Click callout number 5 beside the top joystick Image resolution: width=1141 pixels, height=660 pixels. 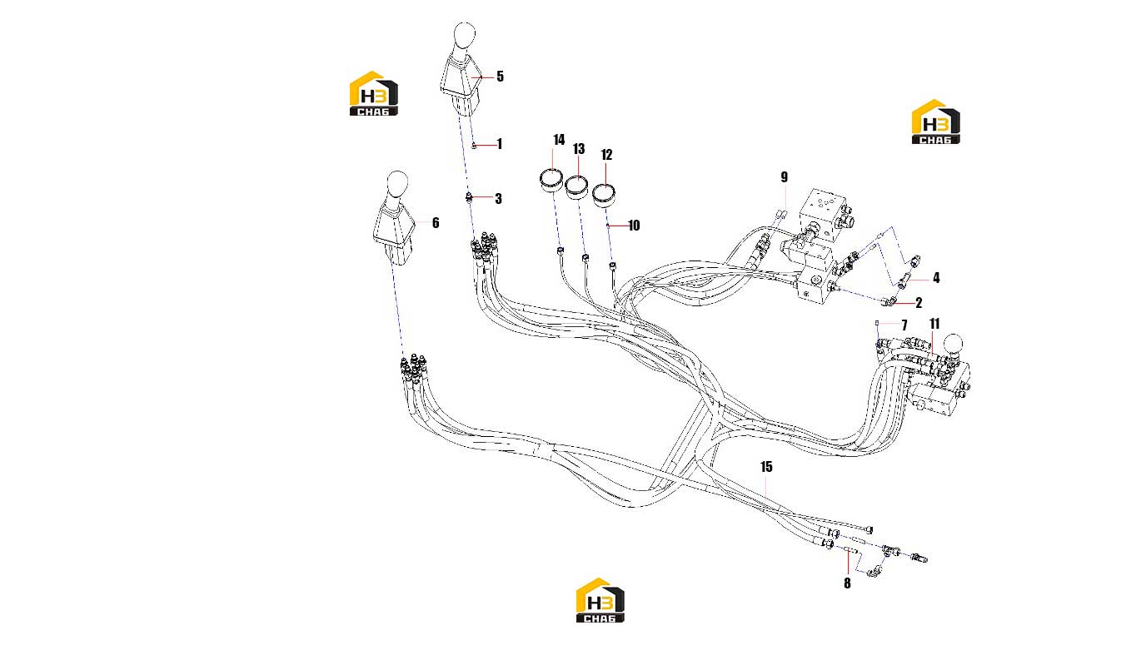click(500, 77)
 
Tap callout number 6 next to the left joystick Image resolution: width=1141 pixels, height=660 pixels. click(436, 222)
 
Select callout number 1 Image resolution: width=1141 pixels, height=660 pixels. click(499, 144)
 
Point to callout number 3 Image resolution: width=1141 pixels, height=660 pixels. click(498, 198)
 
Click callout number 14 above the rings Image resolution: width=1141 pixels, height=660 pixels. click(559, 140)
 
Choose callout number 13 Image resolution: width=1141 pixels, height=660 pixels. click(579, 149)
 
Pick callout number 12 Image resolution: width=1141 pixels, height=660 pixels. click(606, 155)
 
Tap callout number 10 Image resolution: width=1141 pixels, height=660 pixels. click(634, 226)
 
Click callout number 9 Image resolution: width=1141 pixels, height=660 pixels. click(784, 177)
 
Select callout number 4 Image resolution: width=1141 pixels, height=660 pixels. click(936, 278)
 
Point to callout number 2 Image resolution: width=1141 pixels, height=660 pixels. click(919, 303)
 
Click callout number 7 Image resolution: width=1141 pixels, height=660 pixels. click(904, 325)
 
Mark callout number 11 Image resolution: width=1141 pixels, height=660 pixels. click(934, 324)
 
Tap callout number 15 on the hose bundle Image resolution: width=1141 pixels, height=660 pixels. click(766, 467)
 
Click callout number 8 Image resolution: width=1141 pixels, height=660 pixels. click(847, 583)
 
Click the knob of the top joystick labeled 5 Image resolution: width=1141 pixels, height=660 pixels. click(464, 36)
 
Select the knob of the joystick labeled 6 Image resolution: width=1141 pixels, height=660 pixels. click(397, 183)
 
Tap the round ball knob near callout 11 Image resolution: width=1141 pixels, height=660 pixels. click(953, 344)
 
